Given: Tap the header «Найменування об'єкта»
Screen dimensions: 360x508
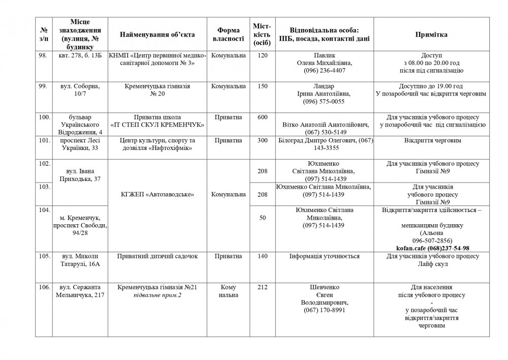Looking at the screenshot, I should pos(157,34).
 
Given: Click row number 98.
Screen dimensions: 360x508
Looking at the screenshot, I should pos(44,55).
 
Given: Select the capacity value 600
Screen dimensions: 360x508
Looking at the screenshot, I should pos(263,117).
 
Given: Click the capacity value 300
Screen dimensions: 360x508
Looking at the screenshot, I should pos(263,140).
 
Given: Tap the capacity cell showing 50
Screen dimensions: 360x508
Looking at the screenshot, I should pos(263,218).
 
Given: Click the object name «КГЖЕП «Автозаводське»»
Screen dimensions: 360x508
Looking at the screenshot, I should pos(157,194).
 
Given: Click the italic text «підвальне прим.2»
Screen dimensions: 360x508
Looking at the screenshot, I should pos(157,295).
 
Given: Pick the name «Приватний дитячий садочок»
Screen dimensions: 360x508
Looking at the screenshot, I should pos(157,257).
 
